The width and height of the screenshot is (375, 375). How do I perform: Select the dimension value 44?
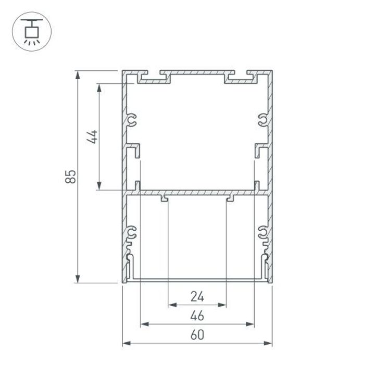pyautogui.click(x=92, y=136)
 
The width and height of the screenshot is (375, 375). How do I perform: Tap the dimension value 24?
pyautogui.click(x=197, y=297)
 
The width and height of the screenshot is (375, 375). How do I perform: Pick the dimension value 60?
pyautogui.click(x=197, y=335)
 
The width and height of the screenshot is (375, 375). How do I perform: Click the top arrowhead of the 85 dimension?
pyautogui.click(x=78, y=74)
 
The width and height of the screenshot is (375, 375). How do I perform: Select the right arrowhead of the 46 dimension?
pyautogui.click(x=251, y=324)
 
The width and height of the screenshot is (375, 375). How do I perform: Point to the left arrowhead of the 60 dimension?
pyautogui.click(x=127, y=343)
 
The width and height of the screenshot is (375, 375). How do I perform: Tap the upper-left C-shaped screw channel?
pyautogui.click(x=132, y=121)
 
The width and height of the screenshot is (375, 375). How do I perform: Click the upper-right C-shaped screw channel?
pyautogui.click(x=262, y=121)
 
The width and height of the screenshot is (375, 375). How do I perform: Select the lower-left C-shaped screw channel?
pyautogui.click(x=132, y=234)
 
